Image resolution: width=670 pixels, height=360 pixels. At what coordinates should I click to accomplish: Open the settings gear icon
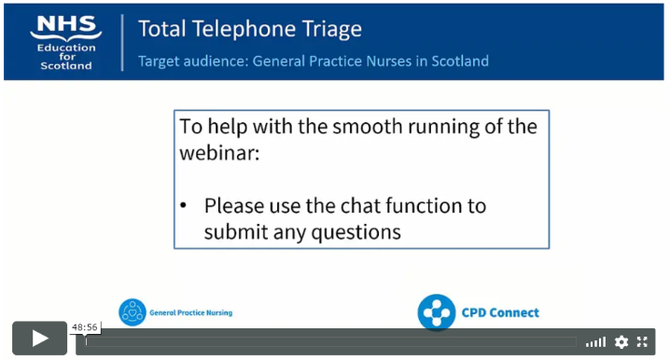tap(621, 342)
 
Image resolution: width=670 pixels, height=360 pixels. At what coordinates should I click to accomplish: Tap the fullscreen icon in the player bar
tap(642, 342)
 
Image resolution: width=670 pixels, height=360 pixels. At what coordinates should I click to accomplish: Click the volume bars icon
tap(595, 342)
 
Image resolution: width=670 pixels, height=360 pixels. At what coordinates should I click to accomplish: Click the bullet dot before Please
tap(185, 206)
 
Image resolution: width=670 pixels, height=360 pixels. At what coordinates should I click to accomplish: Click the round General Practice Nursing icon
tap(133, 312)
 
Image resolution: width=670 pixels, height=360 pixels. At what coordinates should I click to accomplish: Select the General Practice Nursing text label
tap(190, 313)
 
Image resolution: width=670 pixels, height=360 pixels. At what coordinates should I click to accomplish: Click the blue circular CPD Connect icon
tap(436, 312)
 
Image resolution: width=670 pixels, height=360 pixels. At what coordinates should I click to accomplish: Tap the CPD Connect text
tap(499, 312)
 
